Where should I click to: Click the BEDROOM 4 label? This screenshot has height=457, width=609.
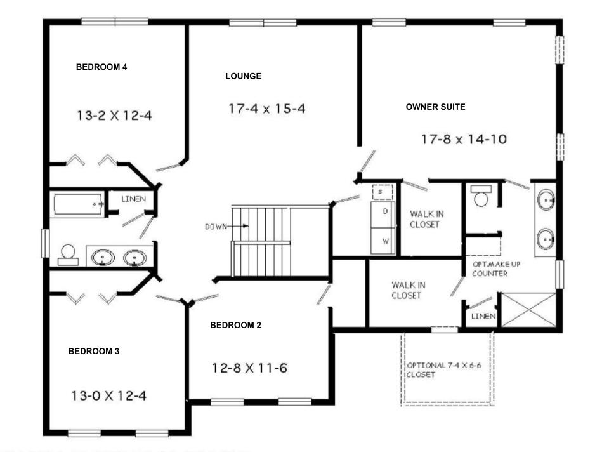point(101,67)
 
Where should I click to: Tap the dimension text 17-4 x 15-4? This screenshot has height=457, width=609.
point(267,109)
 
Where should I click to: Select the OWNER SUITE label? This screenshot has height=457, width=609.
point(435,107)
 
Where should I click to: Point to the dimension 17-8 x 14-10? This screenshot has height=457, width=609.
point(464,139)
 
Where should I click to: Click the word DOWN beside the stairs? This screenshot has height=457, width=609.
point(216,226)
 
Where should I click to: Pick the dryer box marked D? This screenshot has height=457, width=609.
point(384,211)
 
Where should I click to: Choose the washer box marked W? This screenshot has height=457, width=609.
point(384,241)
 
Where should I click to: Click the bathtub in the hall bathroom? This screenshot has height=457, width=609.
point(79,204)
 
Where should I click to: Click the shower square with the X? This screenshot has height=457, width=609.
point(528,310)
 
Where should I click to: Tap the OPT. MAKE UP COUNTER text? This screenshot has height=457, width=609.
point(490,268)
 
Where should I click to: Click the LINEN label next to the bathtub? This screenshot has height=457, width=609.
point(133,199)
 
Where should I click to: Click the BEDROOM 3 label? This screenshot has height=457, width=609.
point(94,351)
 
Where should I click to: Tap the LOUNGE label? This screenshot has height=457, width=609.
point(243,76)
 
